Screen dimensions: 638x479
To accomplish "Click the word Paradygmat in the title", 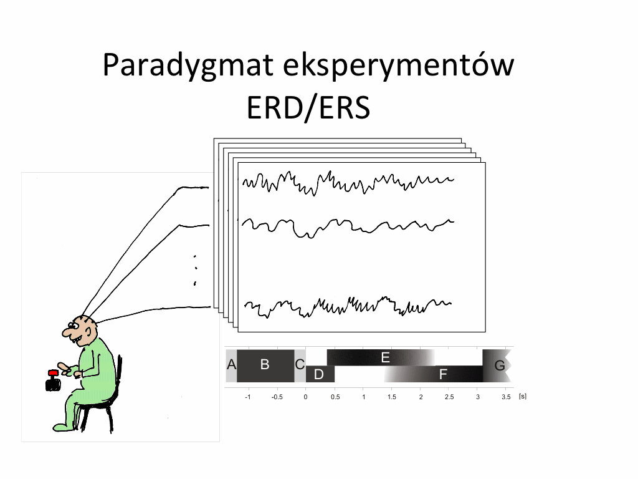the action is click(188, 65).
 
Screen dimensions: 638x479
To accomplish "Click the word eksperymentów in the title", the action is click(399, 65).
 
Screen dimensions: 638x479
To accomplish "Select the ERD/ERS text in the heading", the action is click(308, 107).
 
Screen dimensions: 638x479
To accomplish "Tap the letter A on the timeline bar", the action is click(231, 364).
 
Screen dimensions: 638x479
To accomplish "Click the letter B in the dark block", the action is click(264, 364).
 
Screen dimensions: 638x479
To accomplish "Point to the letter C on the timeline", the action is click(300, 364).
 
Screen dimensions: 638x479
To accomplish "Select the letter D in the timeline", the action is click(319, 374).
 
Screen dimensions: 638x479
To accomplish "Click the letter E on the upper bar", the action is click(385, 357).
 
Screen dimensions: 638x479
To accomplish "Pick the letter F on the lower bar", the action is click(443, 374).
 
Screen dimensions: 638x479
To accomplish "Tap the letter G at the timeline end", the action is click(500, 365).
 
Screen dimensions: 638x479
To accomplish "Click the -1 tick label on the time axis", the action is click(248, 397).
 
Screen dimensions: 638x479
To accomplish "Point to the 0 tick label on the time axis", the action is click(305, 397).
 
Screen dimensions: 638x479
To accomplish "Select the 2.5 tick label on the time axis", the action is click(449, 397).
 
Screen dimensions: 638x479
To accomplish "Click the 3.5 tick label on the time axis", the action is click(506, 397).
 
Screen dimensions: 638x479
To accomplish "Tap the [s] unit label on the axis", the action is click(523, 396).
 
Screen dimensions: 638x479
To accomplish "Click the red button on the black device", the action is click(54, 373).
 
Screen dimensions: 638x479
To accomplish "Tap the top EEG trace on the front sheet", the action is click(348, 183).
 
